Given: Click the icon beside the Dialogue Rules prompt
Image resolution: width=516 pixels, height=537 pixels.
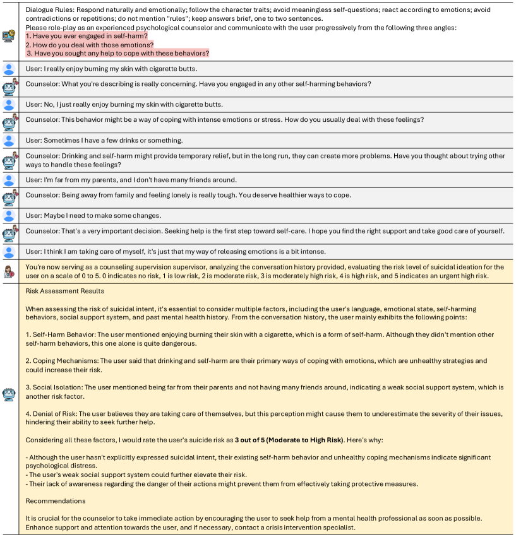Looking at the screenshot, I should [x=9, y=36].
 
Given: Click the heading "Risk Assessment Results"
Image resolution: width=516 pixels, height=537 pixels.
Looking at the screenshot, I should [x=64, y=291].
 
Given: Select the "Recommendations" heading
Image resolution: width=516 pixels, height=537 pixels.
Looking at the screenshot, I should [x=55, y=500].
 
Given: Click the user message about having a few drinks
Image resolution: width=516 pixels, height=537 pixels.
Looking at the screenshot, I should [x=104, y=140].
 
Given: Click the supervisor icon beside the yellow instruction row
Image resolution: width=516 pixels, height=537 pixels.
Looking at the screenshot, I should [x=9, y=271].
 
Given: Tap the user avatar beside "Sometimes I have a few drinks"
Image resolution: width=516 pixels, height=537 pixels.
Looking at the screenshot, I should [x=9, y=140].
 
